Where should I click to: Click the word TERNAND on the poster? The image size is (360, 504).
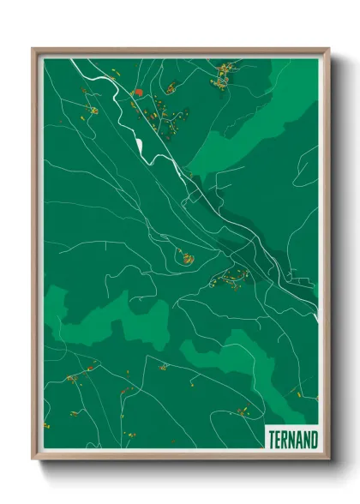click(x=291, y=439)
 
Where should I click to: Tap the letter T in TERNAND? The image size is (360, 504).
click(x=272, y=439)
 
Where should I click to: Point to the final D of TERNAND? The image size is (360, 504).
click(x=313, y=439)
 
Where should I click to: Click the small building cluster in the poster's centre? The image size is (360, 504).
click(x=183, y=255)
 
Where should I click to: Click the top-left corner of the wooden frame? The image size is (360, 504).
click(x=34, y=50)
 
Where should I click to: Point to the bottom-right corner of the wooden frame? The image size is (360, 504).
click(x=328, y=457)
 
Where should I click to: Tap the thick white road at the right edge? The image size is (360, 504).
click(x=315, y=315)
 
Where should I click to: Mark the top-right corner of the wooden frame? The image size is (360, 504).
click(x=328, y=50)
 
